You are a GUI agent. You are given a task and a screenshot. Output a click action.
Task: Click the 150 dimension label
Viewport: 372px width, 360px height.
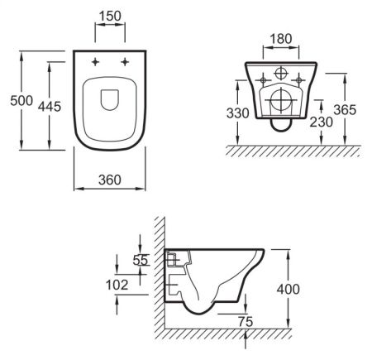[x=110, y=16]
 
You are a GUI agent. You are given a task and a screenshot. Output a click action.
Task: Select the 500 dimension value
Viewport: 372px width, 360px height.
[x=21, y=100]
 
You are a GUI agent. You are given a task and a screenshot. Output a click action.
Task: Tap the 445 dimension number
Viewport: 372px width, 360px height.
[x=50, y=107]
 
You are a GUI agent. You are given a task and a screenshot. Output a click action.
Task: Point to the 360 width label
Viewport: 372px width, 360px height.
[x=110, y=180]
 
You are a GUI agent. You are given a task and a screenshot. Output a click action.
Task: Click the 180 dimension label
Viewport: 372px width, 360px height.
[x=281, y=39]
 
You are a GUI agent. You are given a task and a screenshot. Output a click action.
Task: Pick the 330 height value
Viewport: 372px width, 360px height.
[x=238, y=113]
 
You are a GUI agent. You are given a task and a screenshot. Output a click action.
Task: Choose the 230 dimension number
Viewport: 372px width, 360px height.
[x=322, y=122]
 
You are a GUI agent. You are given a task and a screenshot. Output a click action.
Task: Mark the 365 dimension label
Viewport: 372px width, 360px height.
[x=345, y=110]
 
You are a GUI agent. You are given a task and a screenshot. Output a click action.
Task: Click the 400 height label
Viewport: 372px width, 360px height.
[x=289, y=290]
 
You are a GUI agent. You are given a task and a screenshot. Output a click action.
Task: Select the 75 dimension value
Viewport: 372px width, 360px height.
[x=246, y=322]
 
